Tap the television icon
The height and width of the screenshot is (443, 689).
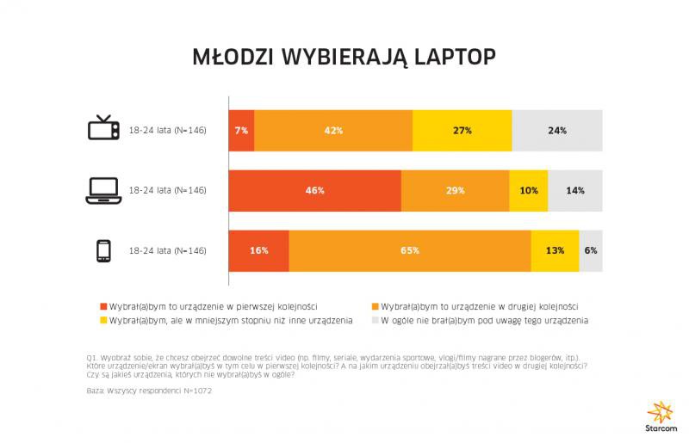[103, 129]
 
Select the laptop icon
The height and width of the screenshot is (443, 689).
[103, 191]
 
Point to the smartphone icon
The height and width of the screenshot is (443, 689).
[103, 251]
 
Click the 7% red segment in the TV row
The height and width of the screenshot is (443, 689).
[241, 131]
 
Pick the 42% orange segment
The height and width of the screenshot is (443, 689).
[333, 131]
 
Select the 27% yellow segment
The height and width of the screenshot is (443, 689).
[462, 131]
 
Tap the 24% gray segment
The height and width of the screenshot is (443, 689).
[557, 131]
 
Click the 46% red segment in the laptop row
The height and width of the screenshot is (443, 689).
[314, 190]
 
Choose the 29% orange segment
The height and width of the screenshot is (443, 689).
[456, 190]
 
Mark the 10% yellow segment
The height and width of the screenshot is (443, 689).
[529, 190]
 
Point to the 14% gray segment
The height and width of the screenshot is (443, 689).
[575, 190]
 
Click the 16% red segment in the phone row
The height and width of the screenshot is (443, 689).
[258, 250]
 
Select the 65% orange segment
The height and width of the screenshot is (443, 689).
[410, 250]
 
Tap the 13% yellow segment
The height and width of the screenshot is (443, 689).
[555, 250]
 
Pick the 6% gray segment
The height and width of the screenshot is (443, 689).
[591, 250]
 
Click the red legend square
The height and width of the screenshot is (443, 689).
[103, 306]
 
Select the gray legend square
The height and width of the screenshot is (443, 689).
[376, 321]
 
